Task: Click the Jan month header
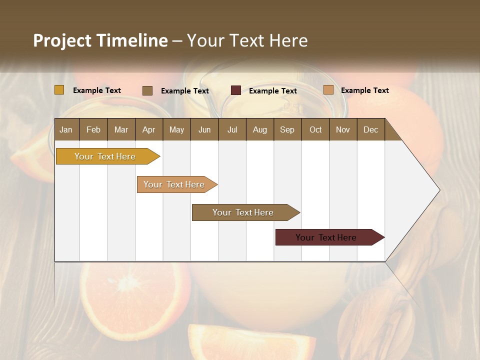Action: click(66, 129)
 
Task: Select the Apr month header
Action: click(149, 129)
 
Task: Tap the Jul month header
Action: click(232, 129)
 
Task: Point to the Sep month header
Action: click(287, 129)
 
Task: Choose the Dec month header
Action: click(370, 129)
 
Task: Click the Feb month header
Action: click(93, 129)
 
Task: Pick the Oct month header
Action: click(315, 129)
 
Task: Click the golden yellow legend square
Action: click(59, 90)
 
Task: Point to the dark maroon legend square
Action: click(236, 90)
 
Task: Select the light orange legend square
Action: click(328, 90)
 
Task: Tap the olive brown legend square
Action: click(147, 90)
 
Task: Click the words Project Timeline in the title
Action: click(100, 40)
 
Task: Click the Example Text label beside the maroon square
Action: click(273, 91)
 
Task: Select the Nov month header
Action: click(343, 129)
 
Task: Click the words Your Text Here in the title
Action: click(247, 40)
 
